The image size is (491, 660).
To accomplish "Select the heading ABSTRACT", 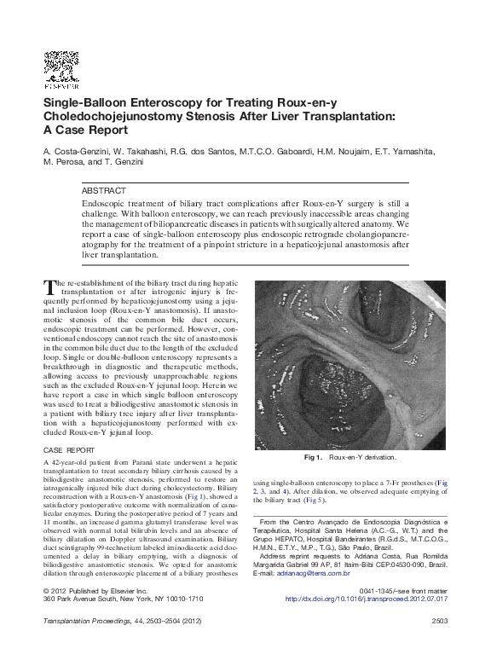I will pyautogui.click(x=103, y=191).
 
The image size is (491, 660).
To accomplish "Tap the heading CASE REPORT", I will pyautogui.click(x=68, y=449).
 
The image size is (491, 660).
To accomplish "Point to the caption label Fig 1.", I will pyautogui.click(x=313, y=458).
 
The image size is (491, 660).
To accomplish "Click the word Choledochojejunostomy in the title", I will pyautogui.click(x=111, y=117).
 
